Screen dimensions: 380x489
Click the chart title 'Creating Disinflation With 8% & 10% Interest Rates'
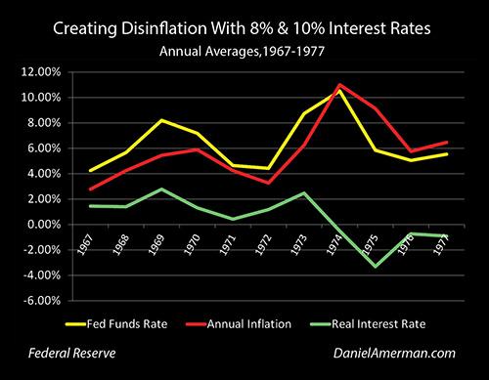pos(244,20)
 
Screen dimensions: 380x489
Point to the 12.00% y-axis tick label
pos(41,72)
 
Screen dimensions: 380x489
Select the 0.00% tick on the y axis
pos(44,225)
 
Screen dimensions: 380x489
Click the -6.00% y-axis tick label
pos(42,301)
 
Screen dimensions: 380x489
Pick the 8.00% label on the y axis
pos(44,123)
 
